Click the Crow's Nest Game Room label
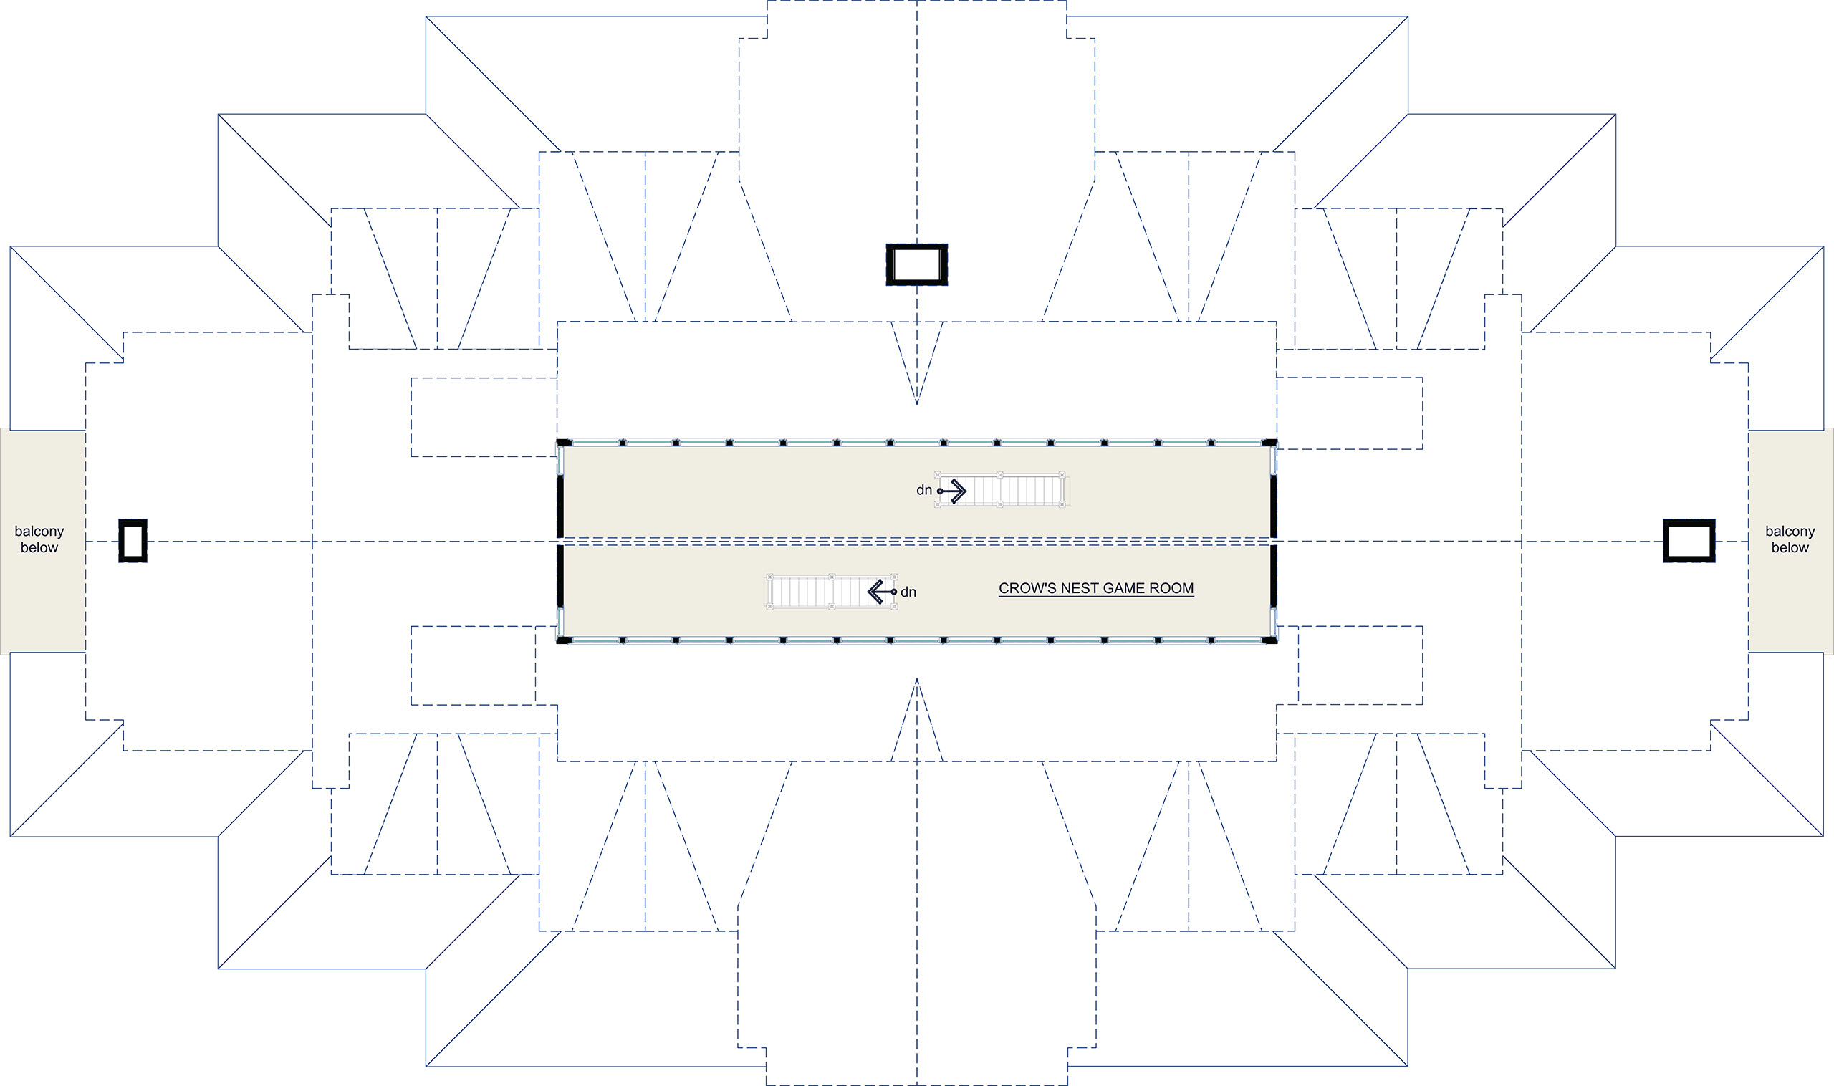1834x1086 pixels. (x=1095, y=588)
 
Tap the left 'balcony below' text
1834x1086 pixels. (x=39, y=539)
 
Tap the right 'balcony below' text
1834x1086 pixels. (x=1790, y=539)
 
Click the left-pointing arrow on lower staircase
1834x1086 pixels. (x=882, y=591)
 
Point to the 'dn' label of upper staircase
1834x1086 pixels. (x=923, y=490)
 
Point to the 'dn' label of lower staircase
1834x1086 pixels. (x=908, y=592)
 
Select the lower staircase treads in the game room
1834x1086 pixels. (x=830, y=591)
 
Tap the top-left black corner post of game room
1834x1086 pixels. (x=563, y=443)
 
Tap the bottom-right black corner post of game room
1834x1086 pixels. (x=1269, y=640)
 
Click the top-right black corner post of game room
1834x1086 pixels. (x=1269, y=443)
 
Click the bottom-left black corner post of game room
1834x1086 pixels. (x=563, y=640)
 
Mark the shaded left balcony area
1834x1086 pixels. (x=42, y=541)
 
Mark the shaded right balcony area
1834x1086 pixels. (x=1791, y=541)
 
